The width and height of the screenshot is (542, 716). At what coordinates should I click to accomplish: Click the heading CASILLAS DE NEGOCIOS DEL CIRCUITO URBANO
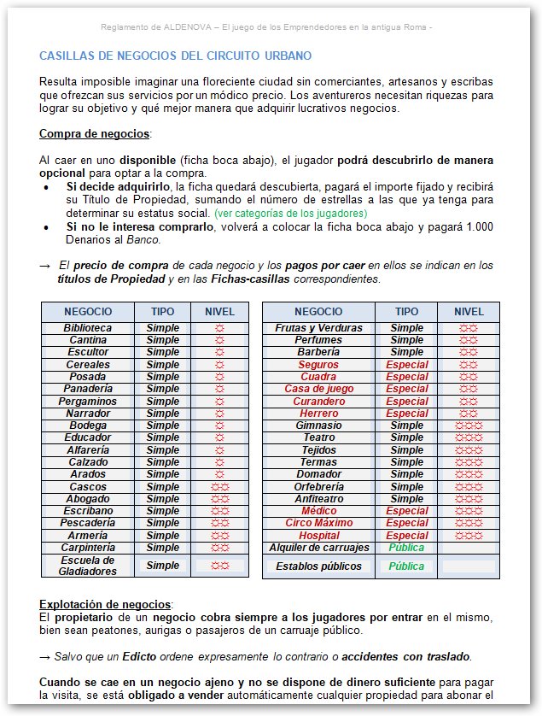(x=175, y=56)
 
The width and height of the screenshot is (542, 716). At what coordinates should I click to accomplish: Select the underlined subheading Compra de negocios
(x=95, y=134)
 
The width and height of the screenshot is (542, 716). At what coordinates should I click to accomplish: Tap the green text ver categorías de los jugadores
(x=290, y=213)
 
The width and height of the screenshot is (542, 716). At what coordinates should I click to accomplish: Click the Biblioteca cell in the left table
(x=87, y=328)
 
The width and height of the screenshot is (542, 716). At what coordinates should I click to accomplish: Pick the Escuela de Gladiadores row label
(x=87, y=565)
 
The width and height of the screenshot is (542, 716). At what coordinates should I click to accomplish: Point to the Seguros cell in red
(x=318, y=365)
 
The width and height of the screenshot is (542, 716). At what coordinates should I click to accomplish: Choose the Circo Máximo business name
(x=318, y=523)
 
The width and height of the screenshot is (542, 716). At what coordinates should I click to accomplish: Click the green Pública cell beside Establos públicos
(x=406, y=566)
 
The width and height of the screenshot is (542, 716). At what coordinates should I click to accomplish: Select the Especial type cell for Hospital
(x=406, y=536)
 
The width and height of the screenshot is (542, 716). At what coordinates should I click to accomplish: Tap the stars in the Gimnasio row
(x=468, y=425)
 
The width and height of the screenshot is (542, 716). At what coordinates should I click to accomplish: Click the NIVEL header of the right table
(x=468, y=312)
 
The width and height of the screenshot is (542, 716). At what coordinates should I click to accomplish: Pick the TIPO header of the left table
(x=162, y=312)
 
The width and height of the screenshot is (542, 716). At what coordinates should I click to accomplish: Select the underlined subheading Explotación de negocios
(x=106, y=604)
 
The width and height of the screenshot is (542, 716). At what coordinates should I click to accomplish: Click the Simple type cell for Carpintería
(x=162, y=548)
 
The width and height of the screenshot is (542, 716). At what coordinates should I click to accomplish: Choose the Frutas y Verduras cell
(x=318, y=328)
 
